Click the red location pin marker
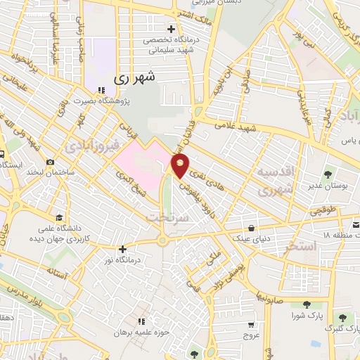click(181, 166)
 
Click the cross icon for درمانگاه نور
click(123, 248)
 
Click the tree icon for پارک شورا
click(306, 304)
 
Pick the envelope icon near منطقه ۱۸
click(356, 224)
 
